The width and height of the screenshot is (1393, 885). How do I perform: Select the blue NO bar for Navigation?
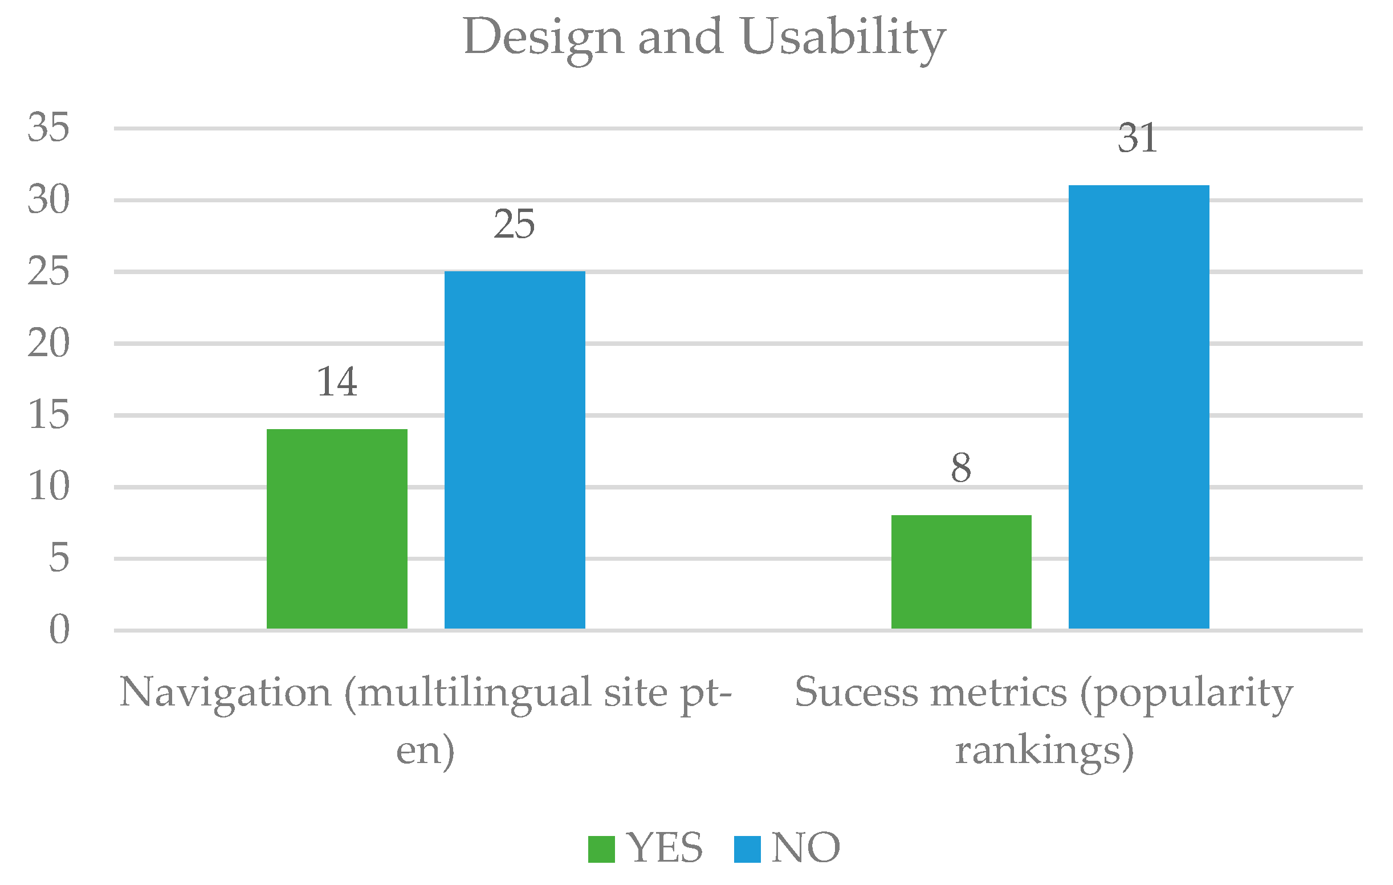(514, 450)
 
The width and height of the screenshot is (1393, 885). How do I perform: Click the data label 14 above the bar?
(337, 382)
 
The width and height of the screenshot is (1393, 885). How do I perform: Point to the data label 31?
(1137, 139)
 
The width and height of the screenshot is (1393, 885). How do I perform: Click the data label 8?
(961, 468)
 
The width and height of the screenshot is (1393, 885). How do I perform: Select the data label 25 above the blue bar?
(514, 225)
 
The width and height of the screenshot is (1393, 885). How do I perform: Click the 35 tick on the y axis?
(48, 127)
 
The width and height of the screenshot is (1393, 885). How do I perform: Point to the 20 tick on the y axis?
(48, 343)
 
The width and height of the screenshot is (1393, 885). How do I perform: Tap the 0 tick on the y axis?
(59, 629)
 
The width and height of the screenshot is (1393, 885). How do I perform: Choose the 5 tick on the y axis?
(59, 558)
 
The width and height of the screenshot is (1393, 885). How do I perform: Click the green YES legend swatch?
(601, 849)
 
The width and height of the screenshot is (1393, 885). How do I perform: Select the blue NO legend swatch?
(747, 849)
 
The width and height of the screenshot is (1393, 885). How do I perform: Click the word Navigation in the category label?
(225, 692)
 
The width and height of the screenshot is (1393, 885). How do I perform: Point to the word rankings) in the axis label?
(1044, 751)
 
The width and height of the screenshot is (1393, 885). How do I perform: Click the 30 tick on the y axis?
(48, 199)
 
